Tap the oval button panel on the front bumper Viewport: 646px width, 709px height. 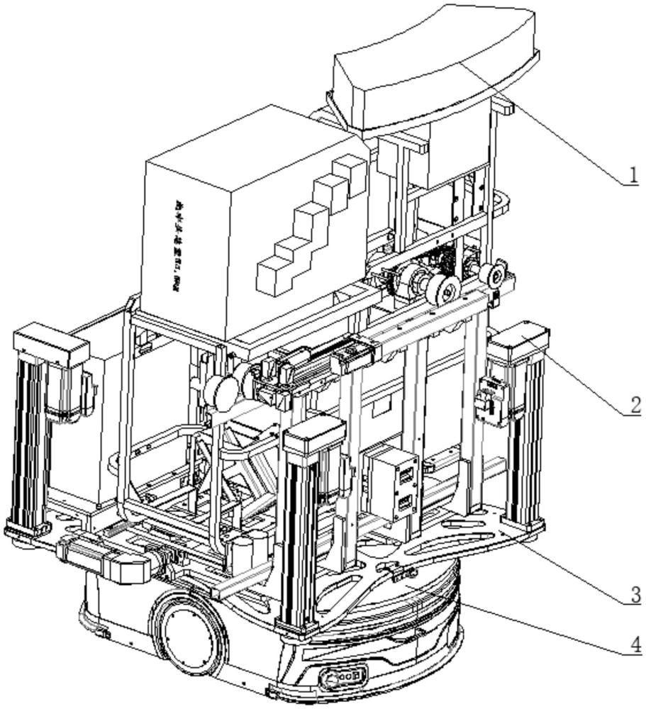pyautogui.click(x=343, y=677)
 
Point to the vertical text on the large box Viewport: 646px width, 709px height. pyautogui.click(x=176, y=245)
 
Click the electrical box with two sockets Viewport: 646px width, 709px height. pyautogui.click(x=391, y=484)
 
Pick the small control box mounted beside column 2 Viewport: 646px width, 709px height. pyautogui.click(x=493, y=401)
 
